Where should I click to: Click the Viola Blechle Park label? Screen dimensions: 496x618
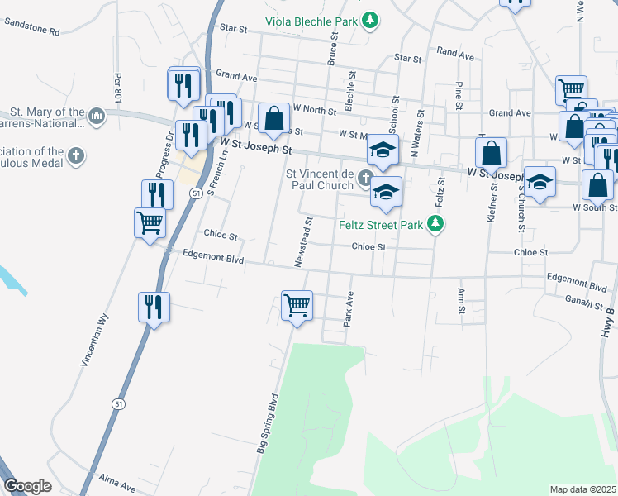tap(311, 21)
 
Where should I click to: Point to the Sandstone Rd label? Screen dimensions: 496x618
tap(32, 31)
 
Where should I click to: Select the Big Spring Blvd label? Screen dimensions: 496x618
tap(268, 424)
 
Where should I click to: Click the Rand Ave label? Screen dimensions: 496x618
tap(455, 55)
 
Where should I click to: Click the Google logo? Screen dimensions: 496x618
tap(27, 486)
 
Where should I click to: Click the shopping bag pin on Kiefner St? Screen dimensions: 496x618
tap(491, 153)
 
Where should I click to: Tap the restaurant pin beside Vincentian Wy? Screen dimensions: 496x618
tap(154, 308)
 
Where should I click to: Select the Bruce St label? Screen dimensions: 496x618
tap(334, 49)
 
